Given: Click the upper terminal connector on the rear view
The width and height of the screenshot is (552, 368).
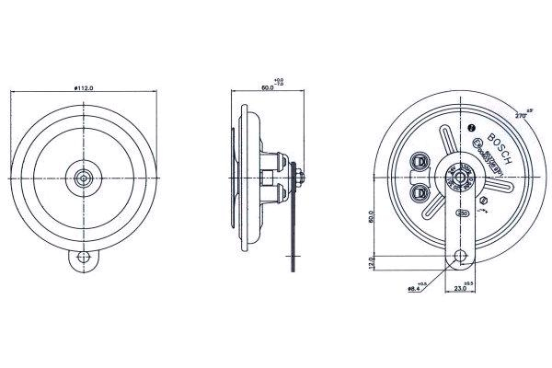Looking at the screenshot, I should [x=422, y=159].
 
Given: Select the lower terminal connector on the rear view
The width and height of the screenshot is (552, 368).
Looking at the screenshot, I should [x=422, y=191].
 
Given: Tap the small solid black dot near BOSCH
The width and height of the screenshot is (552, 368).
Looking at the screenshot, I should [x=471, y=128].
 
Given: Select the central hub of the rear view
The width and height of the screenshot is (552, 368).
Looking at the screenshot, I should [x=457, y=174].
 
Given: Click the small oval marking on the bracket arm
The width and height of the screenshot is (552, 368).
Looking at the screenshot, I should [x=459, y=213].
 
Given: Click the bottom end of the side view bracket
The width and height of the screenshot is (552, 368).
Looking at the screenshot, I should [x=295, y=267].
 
